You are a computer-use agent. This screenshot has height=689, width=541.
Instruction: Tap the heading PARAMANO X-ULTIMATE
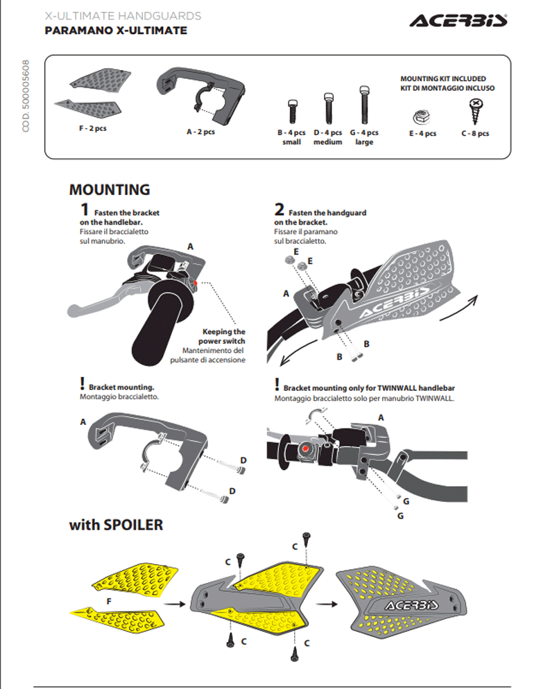tap(116, 30)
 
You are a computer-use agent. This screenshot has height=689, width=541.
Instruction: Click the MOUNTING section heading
tap(109, 189)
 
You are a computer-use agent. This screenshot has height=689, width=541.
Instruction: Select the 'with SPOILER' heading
tap(116, 525)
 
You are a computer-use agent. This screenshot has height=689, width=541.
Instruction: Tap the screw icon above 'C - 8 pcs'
tap(476, 108)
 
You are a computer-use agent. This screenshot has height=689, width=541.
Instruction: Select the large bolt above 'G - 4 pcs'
tap(363, 105)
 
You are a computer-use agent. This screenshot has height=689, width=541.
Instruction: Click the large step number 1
tap(85, 210)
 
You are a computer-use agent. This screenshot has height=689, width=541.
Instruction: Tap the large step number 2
tap(279, 210)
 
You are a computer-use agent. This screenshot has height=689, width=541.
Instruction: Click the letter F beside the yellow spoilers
tap(109, 600)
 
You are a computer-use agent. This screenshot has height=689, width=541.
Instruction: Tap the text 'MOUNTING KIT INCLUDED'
tap(443, 79)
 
